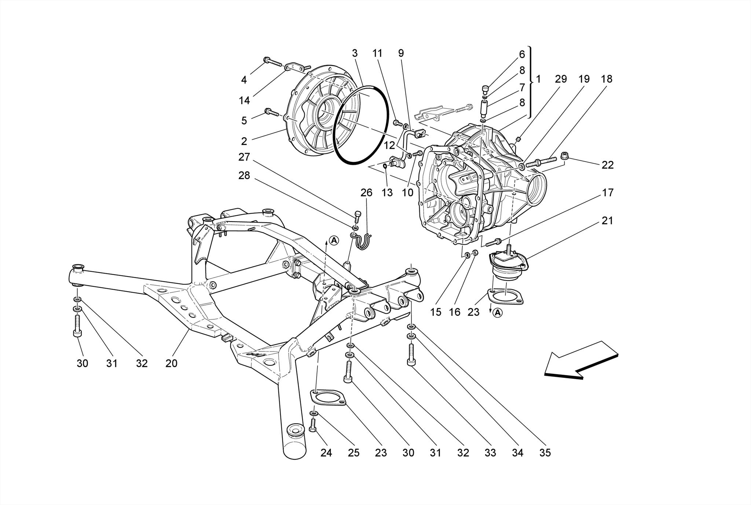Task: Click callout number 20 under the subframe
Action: tap(171, 363)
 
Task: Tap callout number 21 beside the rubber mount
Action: tap(607, 221)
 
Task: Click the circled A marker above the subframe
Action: tap(334, 240)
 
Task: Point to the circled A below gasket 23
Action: tap(498, 313)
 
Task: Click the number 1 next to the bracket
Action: tap(538, 79)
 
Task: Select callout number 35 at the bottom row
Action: tap(545, 453)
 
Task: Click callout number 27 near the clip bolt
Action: tap(244, 157)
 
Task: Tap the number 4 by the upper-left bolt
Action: tap(244, 79)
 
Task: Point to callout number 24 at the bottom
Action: tap(326, 453)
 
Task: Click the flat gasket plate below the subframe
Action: tap(327, 398)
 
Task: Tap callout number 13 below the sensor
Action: tap(387, 193)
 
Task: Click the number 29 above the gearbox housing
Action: tap(561, 79)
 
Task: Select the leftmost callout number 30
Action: tap(83, 363)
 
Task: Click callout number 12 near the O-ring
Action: tap(389, 146)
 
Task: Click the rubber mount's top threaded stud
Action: tap(509, 249)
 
